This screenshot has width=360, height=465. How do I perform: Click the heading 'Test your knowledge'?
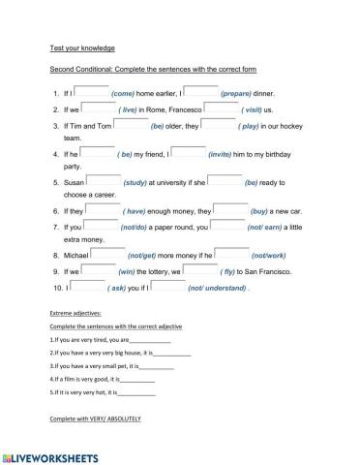(82, 46)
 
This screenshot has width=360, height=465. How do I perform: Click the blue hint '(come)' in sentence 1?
(129, 94)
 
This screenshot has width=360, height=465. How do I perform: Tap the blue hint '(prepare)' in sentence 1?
(236, 94)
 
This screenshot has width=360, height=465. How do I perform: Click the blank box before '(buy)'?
(228, 208)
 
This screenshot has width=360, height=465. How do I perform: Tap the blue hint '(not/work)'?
(270, 256)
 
